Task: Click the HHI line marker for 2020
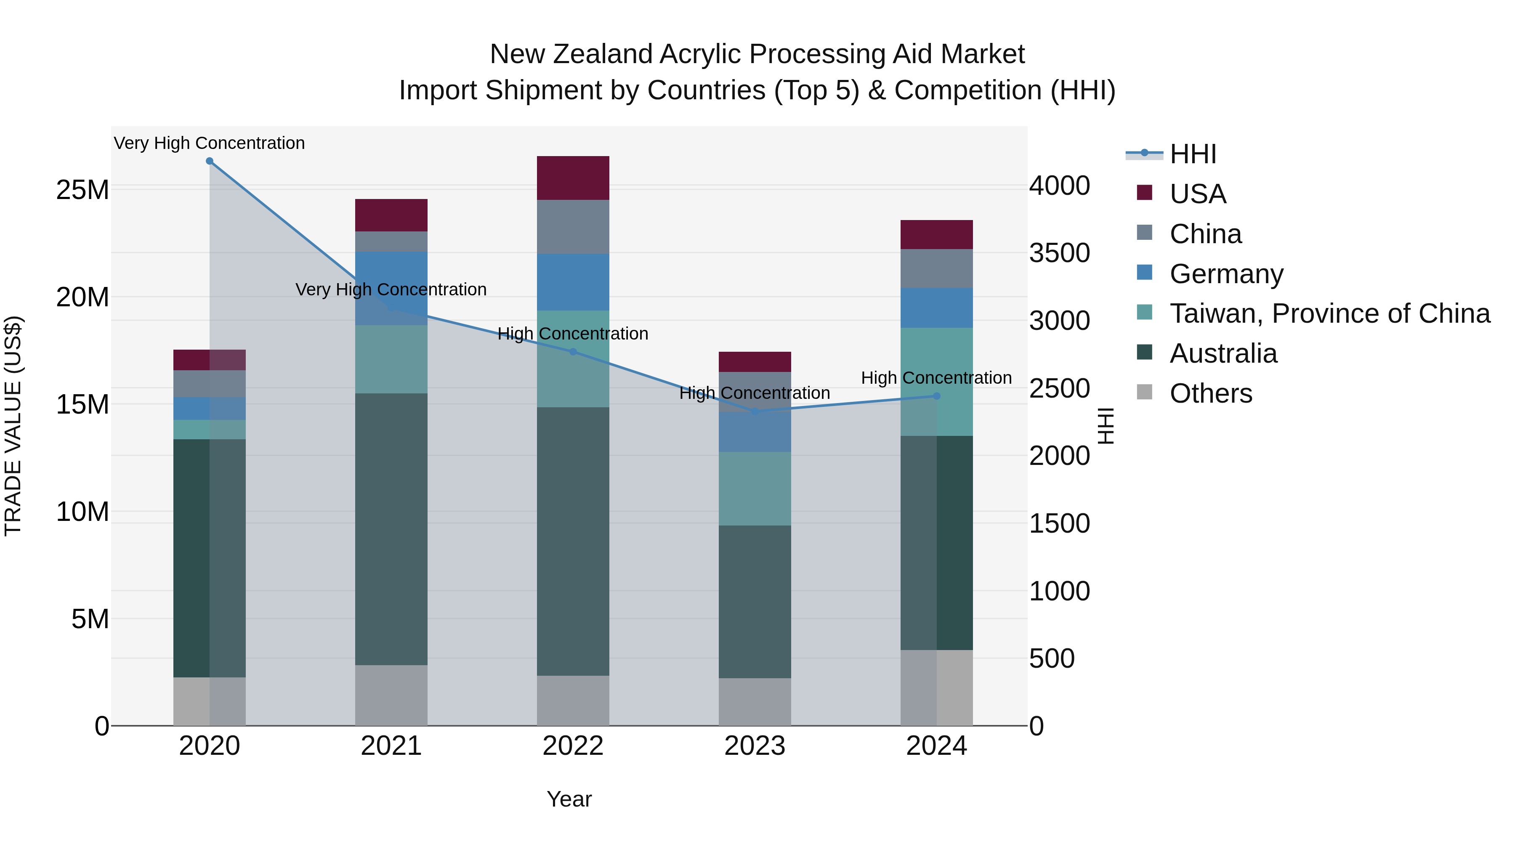pos(210,161)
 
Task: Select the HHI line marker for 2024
pos(936,396)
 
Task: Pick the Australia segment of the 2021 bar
pos(391,529)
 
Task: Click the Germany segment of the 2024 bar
pos(936,308)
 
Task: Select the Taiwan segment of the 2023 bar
pos(755,488)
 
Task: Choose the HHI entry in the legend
pos(1192,154)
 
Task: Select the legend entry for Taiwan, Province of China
pos(1329,313)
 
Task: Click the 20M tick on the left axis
pos(82,297)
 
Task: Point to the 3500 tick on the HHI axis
pos(1059,253)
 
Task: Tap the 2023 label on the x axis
pos(755,746)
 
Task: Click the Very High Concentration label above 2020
pos(210,143)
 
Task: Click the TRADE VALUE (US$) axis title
pos(13,426)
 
